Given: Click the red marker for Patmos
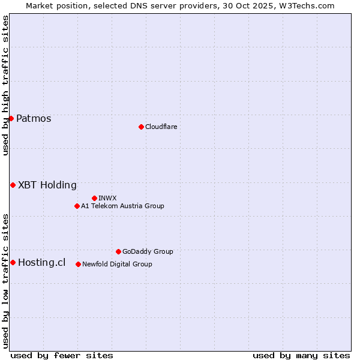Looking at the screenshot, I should [11, 118].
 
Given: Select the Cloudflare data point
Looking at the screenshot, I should [141, 127].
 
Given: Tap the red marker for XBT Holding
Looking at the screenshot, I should [13, 185].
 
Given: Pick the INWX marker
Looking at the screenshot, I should [94, 198].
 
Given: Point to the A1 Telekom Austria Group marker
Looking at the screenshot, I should [77, 206].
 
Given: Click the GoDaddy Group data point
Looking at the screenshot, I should [118, 251].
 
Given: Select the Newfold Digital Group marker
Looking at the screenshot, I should [78, 264].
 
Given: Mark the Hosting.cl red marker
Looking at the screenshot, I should [13, 262].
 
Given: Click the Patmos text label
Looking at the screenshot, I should [34, 118].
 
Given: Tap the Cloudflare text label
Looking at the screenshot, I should [161, 127].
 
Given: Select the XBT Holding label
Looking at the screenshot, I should [47, 185].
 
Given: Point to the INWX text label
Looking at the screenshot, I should [107, 198].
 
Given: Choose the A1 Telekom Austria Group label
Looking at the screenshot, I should [122, 206].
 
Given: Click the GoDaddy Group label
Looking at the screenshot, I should [148, 251].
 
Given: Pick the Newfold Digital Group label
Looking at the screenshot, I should [117, 264].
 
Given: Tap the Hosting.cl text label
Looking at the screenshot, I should [42, 262].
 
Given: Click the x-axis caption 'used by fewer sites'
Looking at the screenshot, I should [62, 355].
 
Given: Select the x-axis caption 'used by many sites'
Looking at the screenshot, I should [301, 355].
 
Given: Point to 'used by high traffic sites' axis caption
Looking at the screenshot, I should [6, 86].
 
